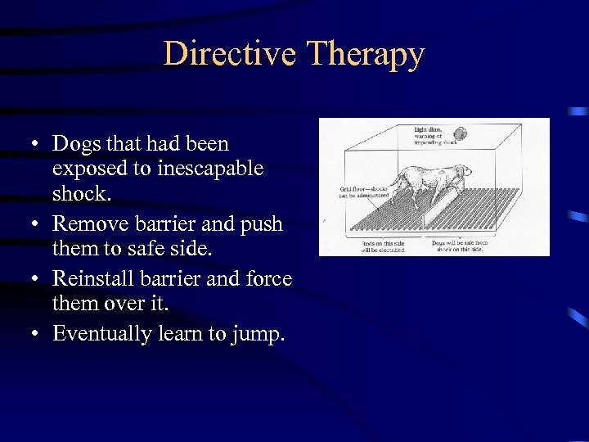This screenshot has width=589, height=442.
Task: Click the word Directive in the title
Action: click(x=229, y=54)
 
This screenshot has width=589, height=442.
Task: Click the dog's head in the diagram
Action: click(x=462, y=173)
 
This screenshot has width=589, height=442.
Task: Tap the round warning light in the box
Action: click(x=461, y=133)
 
